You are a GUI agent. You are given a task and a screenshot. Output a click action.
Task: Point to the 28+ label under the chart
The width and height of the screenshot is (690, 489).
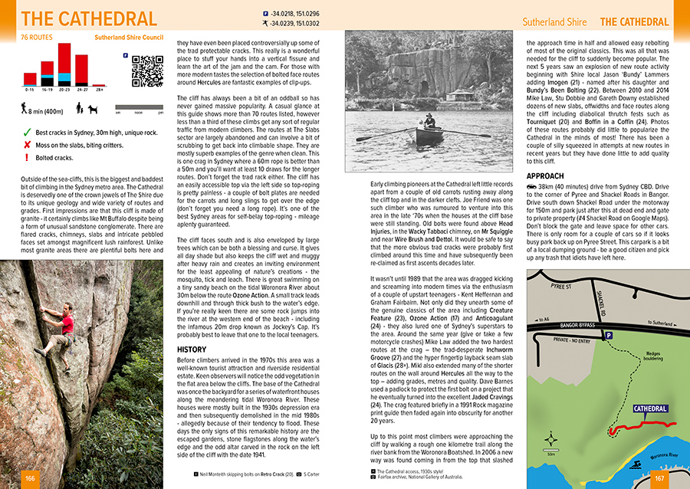(x=99, y=90)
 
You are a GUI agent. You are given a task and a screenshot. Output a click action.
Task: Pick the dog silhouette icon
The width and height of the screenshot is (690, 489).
(x=93, y=110)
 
